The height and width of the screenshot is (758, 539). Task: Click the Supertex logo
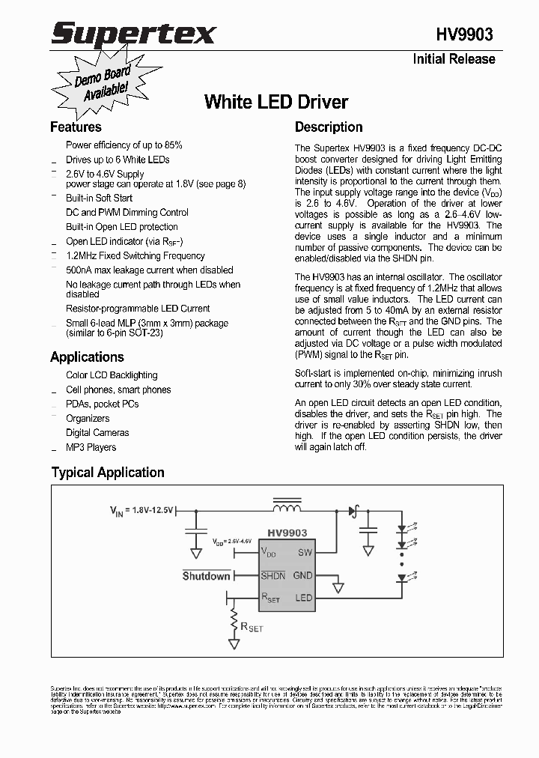[x=133, y=33]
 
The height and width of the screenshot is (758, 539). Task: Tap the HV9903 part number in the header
[x=464, y=34]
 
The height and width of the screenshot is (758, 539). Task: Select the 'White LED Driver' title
[x=276, y=102]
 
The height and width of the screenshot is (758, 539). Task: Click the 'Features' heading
[x=76, y=127]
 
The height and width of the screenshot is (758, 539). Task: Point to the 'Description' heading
[x=329, y=127]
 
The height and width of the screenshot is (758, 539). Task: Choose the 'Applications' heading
[x=87, y=357]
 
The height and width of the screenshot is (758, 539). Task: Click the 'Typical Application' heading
[x=108, y=472]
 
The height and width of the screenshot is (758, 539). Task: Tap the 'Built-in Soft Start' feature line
[x=99, y=198]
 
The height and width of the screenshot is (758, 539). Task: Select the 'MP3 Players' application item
[x=91, y=447]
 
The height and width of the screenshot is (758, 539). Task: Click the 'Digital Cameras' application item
[x=97, y=433]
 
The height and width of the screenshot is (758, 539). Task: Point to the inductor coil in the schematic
[x=286, y=508]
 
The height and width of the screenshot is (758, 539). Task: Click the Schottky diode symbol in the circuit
[x=353, y=511]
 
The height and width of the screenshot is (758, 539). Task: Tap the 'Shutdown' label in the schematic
[x=207, y=575]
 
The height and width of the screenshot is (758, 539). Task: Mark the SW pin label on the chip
[x=305, y=553]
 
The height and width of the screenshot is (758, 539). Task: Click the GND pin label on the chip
[x=302, y=575]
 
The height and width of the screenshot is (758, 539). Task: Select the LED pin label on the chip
[x=303, y=598]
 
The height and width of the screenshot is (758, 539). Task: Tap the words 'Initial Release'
[x=454, y=59]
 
